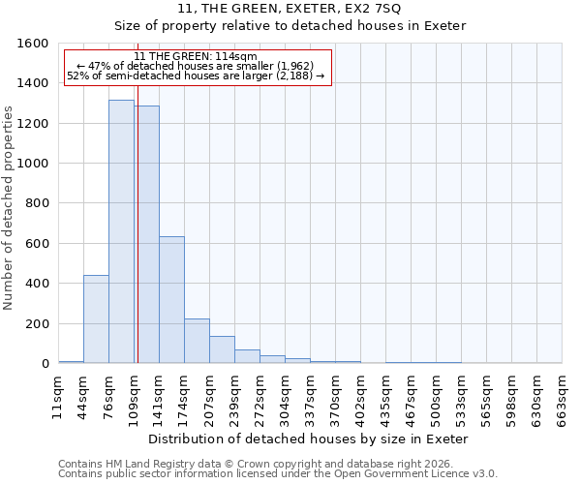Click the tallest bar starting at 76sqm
click(121, 232)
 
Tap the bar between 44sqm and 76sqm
click(96, 319)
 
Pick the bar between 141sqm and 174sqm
click(171, 300)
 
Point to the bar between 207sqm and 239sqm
click(222, 349)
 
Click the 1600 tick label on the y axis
click(33, 44)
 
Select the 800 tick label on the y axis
click(37, 203)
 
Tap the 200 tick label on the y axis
click(37, 323)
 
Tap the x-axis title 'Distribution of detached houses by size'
click(310, 439)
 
